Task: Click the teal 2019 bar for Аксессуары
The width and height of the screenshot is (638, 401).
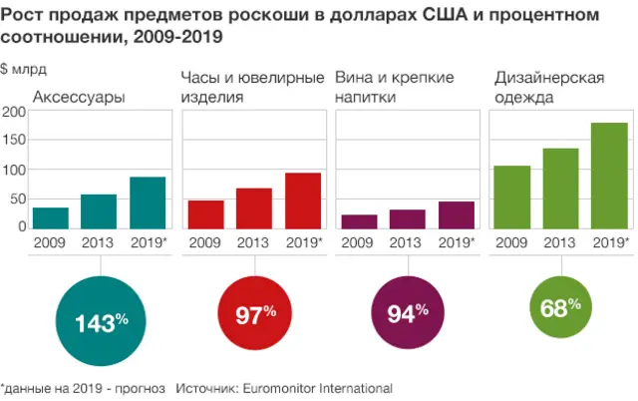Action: click(x=148, y=203)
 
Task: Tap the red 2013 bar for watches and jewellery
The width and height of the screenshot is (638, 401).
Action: click(x=254, y=208)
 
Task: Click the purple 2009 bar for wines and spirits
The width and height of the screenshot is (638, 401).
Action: click(x=359, y=221)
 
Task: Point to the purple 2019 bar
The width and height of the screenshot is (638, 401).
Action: click(x=457, y=215)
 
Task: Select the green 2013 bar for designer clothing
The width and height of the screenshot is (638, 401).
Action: click(x=560, y=189)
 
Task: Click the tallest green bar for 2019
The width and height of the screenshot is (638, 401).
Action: click(x=608, y=176)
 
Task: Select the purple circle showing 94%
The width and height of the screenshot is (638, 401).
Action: click(x=407, y=314)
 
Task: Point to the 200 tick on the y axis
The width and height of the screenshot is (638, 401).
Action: click(x=13, y=111)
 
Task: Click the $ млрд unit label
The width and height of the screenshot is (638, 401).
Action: click(x=23, y=69)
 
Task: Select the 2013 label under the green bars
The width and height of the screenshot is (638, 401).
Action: click(x=560, y=242)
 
